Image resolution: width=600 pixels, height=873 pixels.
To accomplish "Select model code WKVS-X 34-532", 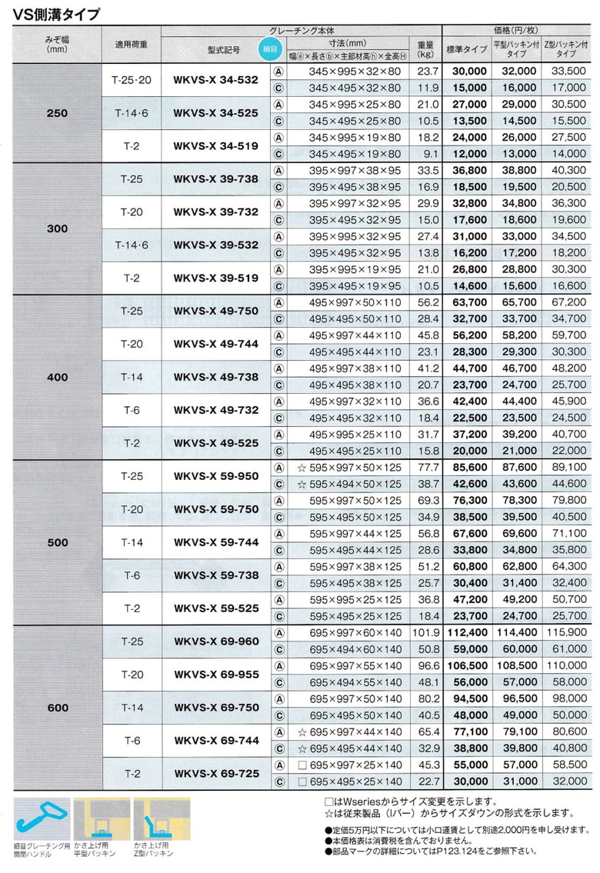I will [x=216, y=80].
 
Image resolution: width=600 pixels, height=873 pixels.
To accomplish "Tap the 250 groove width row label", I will [x=57, y=113].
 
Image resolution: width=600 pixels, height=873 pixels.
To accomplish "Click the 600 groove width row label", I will [x=58, y=708].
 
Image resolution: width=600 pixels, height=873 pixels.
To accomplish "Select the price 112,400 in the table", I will [x=467, y=633].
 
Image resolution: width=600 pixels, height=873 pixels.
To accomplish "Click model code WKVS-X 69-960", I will [x=216, y=641].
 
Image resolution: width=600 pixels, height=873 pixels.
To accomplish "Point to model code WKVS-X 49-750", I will [x=216, y=311].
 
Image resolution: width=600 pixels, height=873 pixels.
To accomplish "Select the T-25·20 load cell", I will [x=132, y=80].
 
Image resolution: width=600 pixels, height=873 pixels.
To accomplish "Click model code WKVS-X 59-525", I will [x=216, y=608].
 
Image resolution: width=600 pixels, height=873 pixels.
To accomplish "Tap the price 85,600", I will [x=468, y=468].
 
